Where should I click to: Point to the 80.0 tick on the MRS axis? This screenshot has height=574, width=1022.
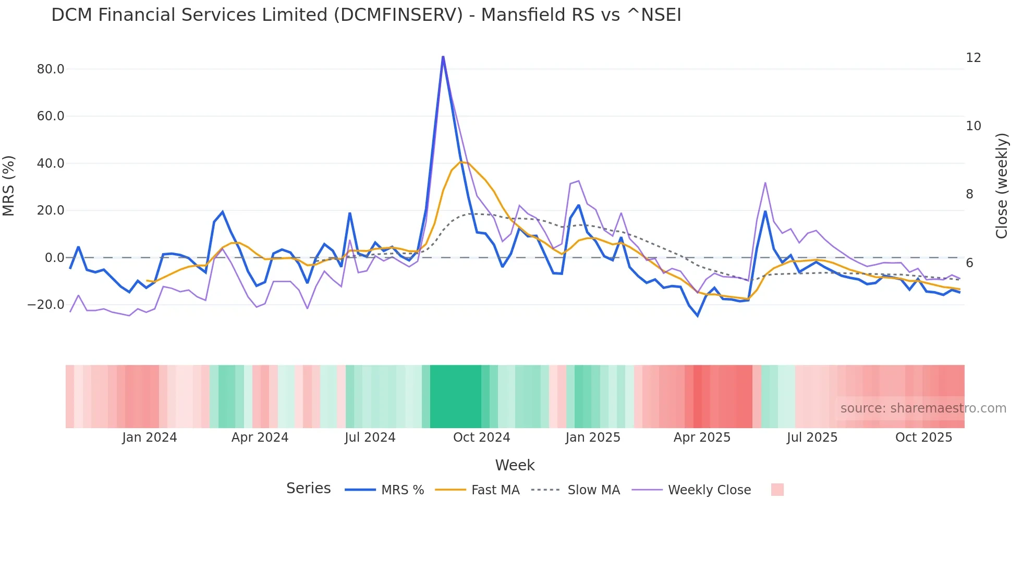(x=51, y=69)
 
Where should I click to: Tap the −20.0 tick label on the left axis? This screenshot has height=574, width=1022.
(x=46, y=305)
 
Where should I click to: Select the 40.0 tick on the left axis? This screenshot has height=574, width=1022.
(x=51, y=164)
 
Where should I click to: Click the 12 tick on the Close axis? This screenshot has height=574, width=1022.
(x=973, y=58)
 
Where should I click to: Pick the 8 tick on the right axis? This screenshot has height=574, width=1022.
(x=969, y=194)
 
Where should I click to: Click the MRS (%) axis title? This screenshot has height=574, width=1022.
(x=9, y=186)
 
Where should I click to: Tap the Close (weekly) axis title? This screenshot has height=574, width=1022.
(x=1001, y=186)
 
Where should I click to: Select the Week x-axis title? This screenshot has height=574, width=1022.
(x=515, y=465)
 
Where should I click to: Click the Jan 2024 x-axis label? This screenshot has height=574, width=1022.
(x=150, y=438)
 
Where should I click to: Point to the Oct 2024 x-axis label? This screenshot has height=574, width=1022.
(x=481, y=438)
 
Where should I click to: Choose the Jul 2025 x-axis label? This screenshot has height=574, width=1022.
(x=812, y=438)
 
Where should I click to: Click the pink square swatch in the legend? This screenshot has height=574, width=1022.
(x=777, y=490)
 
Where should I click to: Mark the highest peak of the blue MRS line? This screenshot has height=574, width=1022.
(x=443, y=57)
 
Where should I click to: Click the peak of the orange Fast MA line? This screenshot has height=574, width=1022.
(x=461, y=162)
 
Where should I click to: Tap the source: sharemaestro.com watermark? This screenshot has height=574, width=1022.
(x=923, y=408)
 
